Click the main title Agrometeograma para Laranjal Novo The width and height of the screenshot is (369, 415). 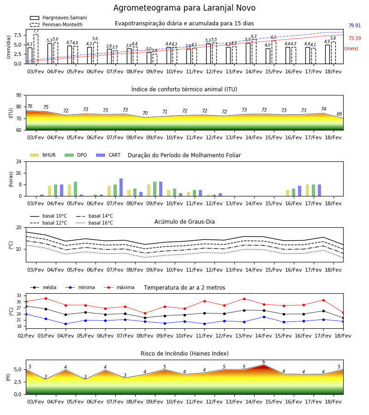[x=184, y=8]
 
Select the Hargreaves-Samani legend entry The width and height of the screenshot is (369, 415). [x=58, y=18]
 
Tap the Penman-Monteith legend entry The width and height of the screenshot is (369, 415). [x=56, y=24]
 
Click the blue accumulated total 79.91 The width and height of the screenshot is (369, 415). [x=354, y=25]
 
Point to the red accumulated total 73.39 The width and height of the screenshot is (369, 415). [x=354, y=38]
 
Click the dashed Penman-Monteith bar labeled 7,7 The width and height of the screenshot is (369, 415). [x=36, y=49]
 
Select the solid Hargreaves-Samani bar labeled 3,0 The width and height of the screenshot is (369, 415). [x=149, y=58]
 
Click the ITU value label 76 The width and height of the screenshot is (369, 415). [x=30, y=106]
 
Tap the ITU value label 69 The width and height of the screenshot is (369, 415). [x=339, y=114]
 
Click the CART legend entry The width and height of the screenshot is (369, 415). [x=108, y=155]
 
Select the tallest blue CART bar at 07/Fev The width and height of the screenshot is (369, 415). [x=121, y=187]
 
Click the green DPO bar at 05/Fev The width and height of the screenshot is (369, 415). [x=76, y=189]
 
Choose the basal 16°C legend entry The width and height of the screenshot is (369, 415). [x=95, y=223]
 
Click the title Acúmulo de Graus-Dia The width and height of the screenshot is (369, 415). [x=184, y=222]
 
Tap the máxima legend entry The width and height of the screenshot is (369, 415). [x=119, y=287]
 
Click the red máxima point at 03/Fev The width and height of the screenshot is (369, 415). [x=46, y=298]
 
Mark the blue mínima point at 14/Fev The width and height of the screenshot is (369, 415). [x=264, y=317]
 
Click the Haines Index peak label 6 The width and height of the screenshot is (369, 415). [x=264, y=362]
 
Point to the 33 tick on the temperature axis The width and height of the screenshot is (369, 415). [x=19, y=296]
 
